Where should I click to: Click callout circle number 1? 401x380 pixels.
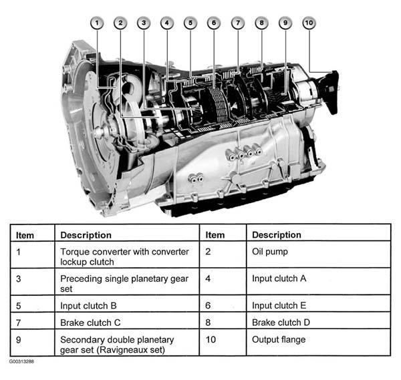click(x=97, y=23)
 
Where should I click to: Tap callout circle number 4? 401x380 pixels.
click(x=167, y=23)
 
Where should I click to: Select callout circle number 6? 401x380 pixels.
click(x=214, y=23)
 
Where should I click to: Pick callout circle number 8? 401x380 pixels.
click(x=261, y=23)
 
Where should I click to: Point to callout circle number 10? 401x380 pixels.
click(x=309, y=23)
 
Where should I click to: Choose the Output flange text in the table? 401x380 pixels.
click(x=279, y=340)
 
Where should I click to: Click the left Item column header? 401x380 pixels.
click(x=25, y=235)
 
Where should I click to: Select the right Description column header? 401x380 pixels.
click(x=277, y=235)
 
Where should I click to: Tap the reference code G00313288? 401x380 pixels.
click(x=21, y=361)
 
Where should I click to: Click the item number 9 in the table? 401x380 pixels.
click(x=19, y=340)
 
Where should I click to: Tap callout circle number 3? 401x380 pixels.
click(x=144, y=23)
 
